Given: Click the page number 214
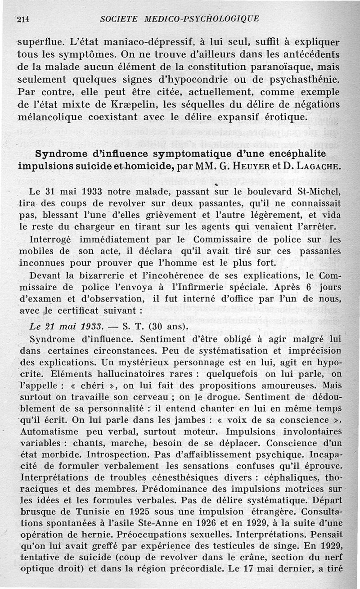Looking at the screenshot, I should [22, 18].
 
